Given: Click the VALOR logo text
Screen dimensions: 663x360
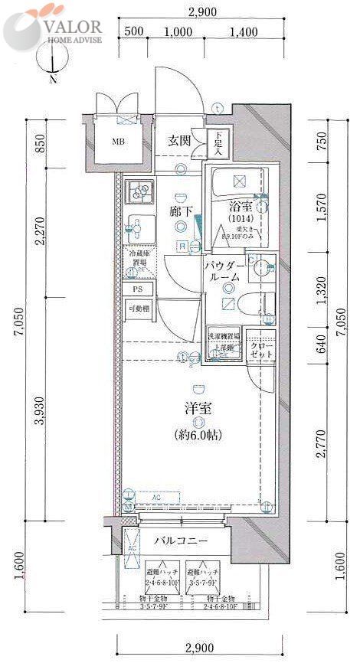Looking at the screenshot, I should point(74,24).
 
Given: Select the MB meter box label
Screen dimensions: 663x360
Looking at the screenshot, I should point(119,142).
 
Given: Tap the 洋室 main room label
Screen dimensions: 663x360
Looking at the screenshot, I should point(197,408).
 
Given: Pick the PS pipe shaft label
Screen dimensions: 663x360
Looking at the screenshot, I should point(138,289).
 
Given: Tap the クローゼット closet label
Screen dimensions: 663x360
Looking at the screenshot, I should point(262,352).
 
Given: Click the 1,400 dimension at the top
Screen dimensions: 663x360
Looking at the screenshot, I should point(243,31).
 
